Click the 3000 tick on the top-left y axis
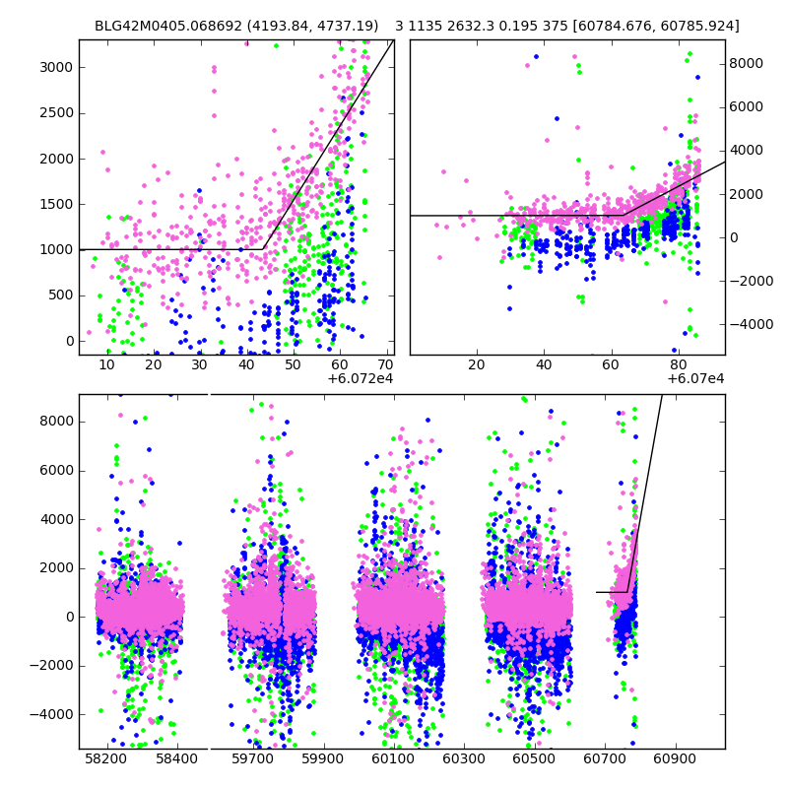[x=57, y=67]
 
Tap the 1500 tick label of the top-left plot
[x=57, y=204]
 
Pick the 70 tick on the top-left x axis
[x=385, y=364]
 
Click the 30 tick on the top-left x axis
[x=200, y=364]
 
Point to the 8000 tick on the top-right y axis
[x=746, y=63]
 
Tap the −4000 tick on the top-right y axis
[x=751, y=324]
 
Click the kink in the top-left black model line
[x=263, y=249]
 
